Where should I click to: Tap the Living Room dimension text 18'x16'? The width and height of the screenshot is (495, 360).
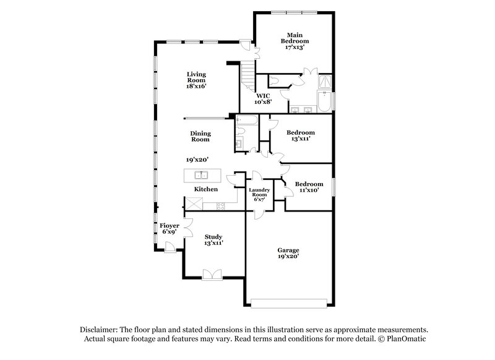(196, 87)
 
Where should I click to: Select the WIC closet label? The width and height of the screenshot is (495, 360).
(264, 96)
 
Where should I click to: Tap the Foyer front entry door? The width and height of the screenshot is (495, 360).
(169, 247)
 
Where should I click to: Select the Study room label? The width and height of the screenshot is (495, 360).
(213, 237)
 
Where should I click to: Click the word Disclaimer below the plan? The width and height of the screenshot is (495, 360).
(101, 330)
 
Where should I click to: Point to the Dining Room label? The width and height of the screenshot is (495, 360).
(200, 136)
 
